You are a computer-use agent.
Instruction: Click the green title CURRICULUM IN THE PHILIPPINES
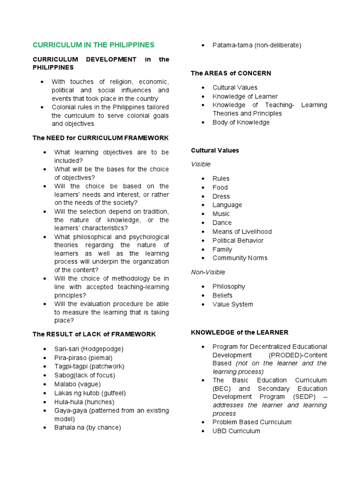(93, 45)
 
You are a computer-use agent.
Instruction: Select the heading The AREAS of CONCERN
(231, 73)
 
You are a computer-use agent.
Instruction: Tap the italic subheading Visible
(201, 165)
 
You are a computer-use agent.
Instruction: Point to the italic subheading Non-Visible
(208, 272)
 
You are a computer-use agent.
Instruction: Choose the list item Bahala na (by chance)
(88, 427)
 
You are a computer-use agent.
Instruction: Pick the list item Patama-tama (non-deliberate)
(256, 45)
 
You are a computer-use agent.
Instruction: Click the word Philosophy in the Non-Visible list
(229, 286)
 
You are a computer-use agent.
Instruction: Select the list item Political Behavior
(238, 240)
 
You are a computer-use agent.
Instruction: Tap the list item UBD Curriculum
(236, 431)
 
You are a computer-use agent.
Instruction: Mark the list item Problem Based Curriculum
(252, 422)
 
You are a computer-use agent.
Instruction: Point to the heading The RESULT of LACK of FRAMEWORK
(94, 334)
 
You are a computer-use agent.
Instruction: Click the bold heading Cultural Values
(215, 150)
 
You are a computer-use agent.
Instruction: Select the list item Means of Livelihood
(242, 232)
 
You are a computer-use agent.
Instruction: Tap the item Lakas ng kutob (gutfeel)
(90, 393)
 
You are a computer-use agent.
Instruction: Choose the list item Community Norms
(240, 258)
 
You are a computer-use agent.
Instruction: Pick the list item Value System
(232, 304)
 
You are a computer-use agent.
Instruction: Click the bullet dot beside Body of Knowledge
(202, 123)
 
